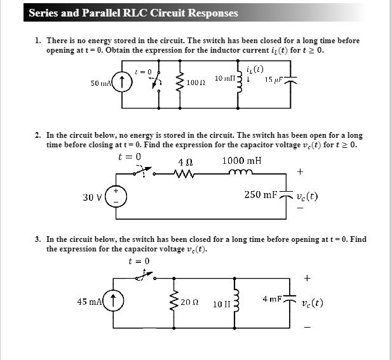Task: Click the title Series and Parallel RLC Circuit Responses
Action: click(x=133, y=13)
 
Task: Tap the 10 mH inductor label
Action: click(x=225, y=78)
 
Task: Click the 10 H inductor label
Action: click(x=222, y=303)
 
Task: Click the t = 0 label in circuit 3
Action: click(x=139, y=260)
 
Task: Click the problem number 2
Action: click(x=39, y=135)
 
